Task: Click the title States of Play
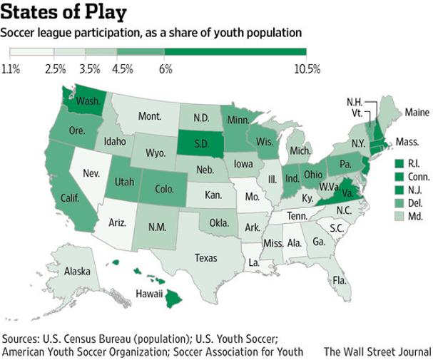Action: click(64, 13)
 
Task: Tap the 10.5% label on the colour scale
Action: click(307, 68)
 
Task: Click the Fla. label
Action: click(341, 280)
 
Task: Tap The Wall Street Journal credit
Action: click(377, 351)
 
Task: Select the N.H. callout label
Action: click(355, 101)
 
